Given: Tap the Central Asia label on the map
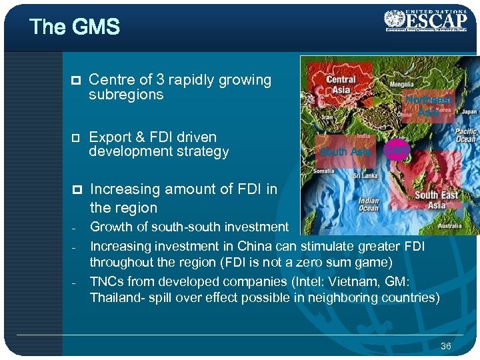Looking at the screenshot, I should (x=341, y=85).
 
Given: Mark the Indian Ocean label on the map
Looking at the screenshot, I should (x=369, y=205).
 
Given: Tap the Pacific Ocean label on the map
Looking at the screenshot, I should (x=465, y=135).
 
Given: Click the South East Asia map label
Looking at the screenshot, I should (x=436, y=199).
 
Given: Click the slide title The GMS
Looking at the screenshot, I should (x=75, y=27).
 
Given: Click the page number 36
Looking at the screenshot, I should (x=446, y=345).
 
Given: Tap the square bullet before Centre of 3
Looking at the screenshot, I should (x=76, y=81).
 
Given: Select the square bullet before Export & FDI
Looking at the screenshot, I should (x=76, y=138).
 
